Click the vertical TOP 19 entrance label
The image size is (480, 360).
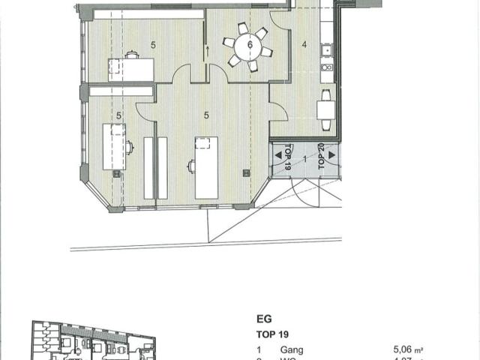pos(288,162)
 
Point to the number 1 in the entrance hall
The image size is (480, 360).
pos(304,160)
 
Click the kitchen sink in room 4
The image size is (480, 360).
pos(327,51)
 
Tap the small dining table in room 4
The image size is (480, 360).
pos(326,110)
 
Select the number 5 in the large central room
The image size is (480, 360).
pos(206,115)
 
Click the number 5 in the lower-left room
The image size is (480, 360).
pos(119,115)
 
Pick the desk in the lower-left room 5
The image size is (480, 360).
pos(115,147)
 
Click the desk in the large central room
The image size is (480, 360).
pos(206,167)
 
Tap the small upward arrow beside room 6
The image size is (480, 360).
pos(207,49)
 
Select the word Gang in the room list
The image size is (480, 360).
pos(292,349)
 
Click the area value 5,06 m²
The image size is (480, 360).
pos(408,349)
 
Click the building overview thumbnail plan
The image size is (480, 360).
pos(94,341)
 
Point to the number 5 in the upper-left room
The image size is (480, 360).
pos(153,45)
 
